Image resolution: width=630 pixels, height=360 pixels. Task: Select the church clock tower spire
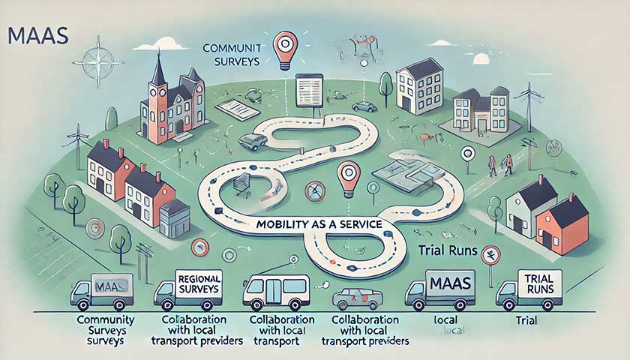click(x=158, y=71)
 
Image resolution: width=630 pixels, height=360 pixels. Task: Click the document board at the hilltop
click(x=308, y=90)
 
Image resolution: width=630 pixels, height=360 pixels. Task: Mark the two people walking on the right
click(x=499, y=164)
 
